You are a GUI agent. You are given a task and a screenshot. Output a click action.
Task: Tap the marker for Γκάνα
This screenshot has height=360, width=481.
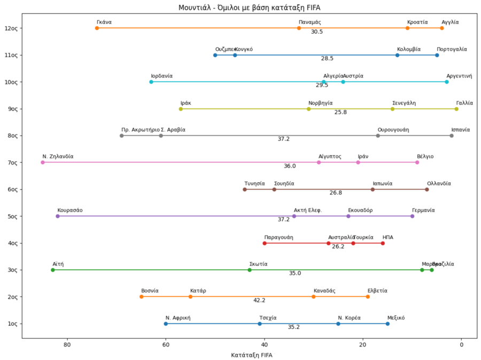coord(97,28)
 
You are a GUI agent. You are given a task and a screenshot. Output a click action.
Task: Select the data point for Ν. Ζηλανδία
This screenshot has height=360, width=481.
coord(43,162)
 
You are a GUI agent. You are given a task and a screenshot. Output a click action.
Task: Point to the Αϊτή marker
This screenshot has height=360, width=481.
coord(52,270)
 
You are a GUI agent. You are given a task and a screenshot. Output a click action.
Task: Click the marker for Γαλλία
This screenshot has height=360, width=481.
coord(456,109)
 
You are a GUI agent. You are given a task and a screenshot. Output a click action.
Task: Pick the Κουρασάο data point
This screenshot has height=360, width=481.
coord(58,216)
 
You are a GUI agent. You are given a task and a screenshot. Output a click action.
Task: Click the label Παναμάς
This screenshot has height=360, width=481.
coord(309,22)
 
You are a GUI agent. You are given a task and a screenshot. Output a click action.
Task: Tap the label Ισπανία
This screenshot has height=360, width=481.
coord(460,130)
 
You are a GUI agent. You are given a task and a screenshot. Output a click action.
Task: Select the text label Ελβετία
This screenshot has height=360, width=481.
coord(377,291)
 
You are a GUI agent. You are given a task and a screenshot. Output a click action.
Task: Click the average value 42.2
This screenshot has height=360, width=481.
coord(259,300)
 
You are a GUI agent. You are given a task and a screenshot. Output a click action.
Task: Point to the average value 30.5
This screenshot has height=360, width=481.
coord(317,32)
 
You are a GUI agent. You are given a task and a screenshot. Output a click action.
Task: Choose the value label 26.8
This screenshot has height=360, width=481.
coord(336,193)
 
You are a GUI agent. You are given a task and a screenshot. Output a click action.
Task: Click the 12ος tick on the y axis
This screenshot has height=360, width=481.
coord(12,28)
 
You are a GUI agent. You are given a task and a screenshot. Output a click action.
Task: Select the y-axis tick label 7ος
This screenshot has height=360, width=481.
coord(13,162)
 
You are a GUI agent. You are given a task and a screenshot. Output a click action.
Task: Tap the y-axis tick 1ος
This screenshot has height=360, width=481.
coord(13,324)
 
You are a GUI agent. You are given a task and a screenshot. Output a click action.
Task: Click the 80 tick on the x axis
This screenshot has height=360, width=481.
coord(67,345)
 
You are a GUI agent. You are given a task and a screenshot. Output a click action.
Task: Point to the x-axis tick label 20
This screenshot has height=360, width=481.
coord(363,345)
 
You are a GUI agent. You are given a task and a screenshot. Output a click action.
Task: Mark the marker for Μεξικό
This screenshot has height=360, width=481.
coord(387,324)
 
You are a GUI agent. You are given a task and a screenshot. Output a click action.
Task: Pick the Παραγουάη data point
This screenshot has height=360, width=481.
coord(265,243)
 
